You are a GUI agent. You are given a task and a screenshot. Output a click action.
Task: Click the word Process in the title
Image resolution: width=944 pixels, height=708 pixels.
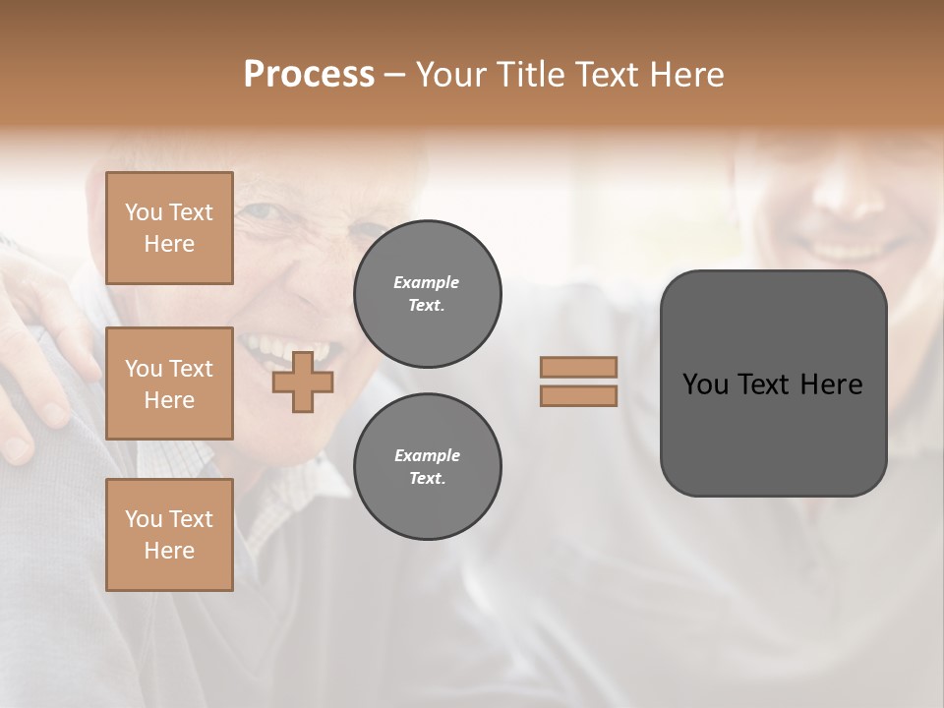(309, 75)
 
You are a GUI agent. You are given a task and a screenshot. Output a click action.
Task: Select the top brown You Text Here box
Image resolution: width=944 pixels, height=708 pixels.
(169, 228)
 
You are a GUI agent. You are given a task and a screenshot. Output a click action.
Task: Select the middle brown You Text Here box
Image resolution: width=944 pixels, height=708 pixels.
(169, 383)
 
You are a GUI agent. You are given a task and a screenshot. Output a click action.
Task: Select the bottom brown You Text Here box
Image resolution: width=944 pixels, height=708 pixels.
(169, 535)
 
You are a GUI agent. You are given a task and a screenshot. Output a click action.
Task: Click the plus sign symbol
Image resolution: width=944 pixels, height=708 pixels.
(303, 382)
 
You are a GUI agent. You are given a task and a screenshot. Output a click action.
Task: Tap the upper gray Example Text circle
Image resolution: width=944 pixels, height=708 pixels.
(427, 294)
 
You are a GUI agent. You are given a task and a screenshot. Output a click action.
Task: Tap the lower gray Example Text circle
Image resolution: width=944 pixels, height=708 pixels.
(427, 467)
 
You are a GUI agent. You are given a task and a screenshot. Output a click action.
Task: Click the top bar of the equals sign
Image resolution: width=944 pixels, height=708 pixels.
(578, 367)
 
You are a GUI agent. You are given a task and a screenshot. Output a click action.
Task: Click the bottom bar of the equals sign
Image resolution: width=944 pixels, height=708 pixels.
(578, 395)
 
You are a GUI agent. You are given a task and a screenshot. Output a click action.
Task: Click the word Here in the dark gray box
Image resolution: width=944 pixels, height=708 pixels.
(832, 384)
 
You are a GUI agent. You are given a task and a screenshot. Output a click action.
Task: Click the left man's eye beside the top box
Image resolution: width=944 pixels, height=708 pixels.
(258, 211)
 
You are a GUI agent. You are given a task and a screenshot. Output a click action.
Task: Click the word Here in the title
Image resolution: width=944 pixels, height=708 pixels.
(687, 75)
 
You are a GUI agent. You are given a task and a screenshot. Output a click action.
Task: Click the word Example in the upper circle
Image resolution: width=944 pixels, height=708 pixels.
(427, 282)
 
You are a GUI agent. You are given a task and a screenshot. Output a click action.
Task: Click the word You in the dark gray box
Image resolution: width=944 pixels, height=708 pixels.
(705, 384)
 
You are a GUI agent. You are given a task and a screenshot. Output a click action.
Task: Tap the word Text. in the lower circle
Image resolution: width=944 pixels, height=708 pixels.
(427, 479)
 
